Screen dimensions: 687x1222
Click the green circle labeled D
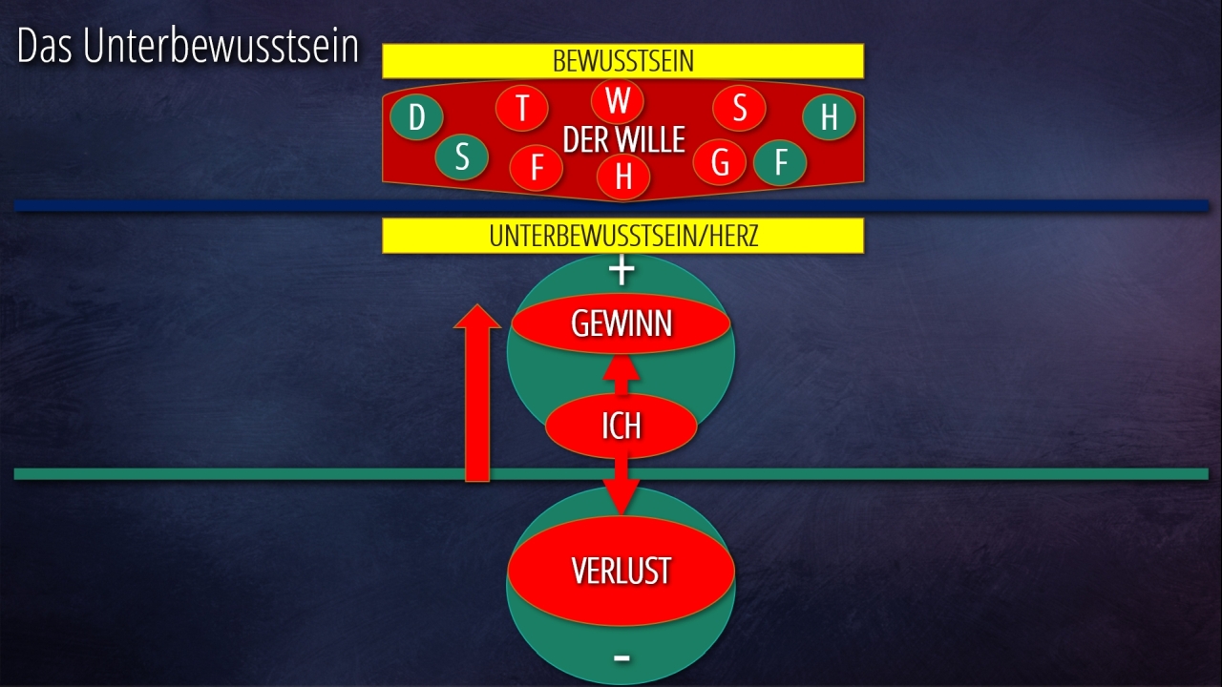pyautogui.click(x=416, y=118)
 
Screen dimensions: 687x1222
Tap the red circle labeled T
pyautogui.click(x=521, y=109)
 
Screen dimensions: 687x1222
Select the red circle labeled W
pyautogui.click(x=618, y=101)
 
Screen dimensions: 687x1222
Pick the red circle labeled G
pyautogui.click(x=720, y=163)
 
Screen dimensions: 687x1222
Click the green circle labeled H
pyautogui.click(x=829, y=117)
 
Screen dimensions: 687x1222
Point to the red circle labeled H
pyautogui.click(x=623, y=177)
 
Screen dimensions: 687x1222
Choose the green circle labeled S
pyautogui.click(x=462, y=157)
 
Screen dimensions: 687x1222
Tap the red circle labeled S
pyautogui.click(x=739, y=109)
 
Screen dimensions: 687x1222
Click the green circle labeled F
pyautogui.click(x=780, y=163)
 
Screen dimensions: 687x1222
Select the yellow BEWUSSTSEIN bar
pyautogui.click(x=622, y=61)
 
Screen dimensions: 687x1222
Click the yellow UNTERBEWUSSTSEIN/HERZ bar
pyautogui.click(x=622, y=236)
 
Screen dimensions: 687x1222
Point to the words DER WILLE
pyautogui.click(x=623, y=140)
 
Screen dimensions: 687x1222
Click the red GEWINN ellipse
pyautogui.click(x=622, y=324)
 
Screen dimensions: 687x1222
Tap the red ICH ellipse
pyautogui.click(x=621, y=426)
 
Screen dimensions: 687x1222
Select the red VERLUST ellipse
pyautogui.click(x=621, y=571)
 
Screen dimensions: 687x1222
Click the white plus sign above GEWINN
pyautogui.click(x=622, y=271)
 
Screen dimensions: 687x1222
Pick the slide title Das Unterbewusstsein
pyautogui.click(x=188, y=48)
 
